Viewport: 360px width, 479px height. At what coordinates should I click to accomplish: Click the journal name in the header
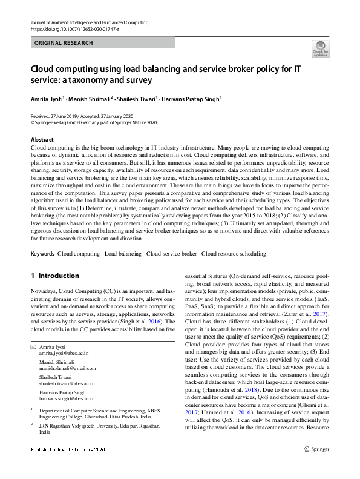pyautogui.click(x=89, y=22)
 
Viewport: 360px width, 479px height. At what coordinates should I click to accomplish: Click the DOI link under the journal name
pyautogui.click(x=71, y=28)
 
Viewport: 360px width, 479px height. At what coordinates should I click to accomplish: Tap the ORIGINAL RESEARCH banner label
pyautogui.click(x=64, y=43)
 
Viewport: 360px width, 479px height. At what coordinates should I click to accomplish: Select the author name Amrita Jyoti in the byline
pyautogui.click(x=47, y=98)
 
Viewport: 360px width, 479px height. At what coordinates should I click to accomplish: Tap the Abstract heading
pyautogui.click(x=42, y=140)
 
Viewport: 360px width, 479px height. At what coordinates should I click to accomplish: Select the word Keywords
pyautogui.click(x=42, y=254)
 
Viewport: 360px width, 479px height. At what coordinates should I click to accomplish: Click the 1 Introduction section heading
pyautogui.click(x=55, y=276)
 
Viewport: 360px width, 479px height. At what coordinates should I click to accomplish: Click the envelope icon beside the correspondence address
pyautogui.click(x=34, y=346)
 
